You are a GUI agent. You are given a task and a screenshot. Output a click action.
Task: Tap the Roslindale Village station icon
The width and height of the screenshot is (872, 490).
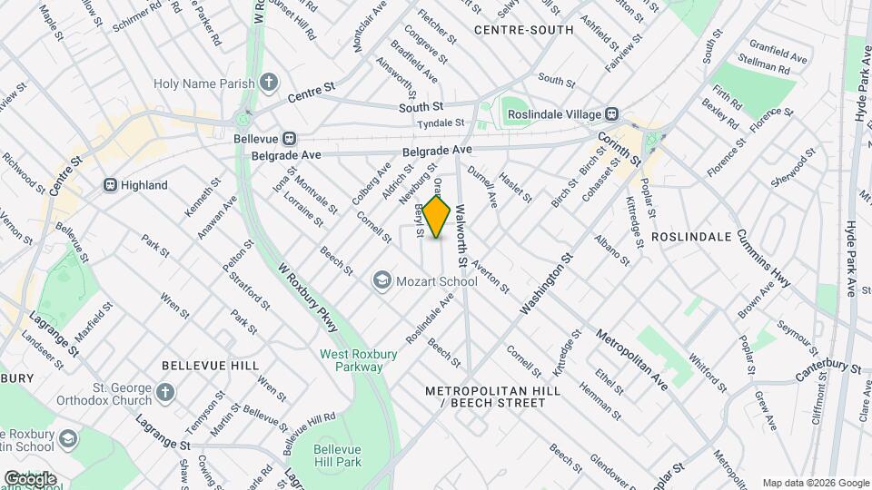(613, 114)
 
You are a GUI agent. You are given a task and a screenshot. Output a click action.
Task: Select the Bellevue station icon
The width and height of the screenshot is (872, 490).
(289, 139)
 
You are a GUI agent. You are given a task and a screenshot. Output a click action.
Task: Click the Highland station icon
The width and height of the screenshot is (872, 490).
(110, 185)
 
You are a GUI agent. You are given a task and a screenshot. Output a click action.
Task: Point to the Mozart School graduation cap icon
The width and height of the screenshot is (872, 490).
(382, 281)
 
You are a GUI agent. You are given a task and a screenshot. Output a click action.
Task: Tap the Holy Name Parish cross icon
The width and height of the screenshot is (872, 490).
(269, 83)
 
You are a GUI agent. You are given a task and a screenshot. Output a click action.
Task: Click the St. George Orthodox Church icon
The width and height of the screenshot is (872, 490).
(163, 392)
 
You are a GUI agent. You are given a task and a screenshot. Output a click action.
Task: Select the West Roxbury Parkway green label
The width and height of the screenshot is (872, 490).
(351, 360)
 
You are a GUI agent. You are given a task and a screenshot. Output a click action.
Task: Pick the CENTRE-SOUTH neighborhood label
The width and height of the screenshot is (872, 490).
(524, 30)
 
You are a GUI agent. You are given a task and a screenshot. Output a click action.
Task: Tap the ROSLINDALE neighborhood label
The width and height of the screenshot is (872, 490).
(691, 236)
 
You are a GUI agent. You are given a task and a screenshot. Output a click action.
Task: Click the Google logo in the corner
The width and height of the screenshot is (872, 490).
(30, 478)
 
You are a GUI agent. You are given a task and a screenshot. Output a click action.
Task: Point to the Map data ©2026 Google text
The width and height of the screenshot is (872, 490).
(815, 483)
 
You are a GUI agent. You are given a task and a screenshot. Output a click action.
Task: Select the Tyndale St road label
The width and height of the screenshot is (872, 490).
(441, 122)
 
